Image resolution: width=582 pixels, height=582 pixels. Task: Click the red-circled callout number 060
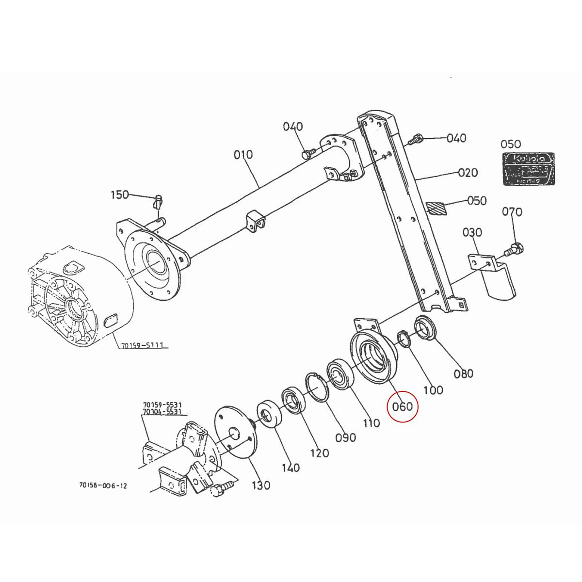point(402,406)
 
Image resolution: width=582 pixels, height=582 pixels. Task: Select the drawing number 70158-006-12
point(103,485)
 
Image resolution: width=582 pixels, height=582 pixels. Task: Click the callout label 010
point(243,155)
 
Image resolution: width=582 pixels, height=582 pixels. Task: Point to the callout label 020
point(468,173)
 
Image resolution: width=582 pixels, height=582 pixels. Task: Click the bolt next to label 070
point(514,249)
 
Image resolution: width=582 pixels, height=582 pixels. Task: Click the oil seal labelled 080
point(425,329)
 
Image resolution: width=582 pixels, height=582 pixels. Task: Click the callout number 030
point(472,233)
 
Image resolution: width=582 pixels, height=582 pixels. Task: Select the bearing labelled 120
point(292,399)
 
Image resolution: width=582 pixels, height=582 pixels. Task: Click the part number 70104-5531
point(162,412)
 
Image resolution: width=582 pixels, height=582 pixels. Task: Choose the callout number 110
point(371,423)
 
